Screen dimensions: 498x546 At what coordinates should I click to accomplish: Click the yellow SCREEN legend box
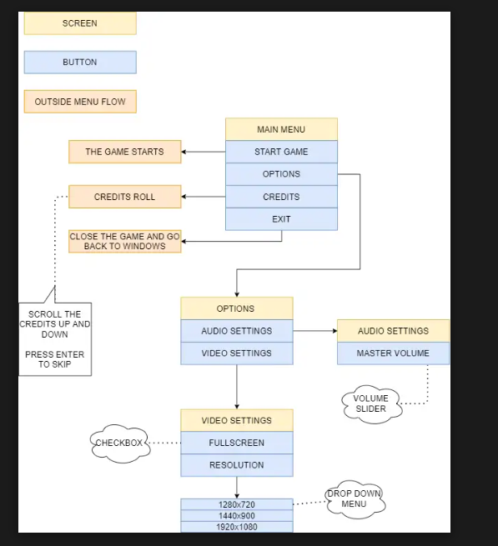pyautogui.click(x=80, y=23)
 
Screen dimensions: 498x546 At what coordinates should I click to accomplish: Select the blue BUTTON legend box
pyautogui.click(x=80, y=63)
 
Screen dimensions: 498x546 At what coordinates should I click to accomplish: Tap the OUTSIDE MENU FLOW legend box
pyautogui.click(x=80, y=102)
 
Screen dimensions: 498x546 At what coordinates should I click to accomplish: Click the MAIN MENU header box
pyautogui.click(x=281, y=129)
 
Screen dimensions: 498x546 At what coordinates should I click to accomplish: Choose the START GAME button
pyautogui.click(x=281, y=152)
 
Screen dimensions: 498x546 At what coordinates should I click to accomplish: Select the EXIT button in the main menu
pyautogui.click(x=281, y=219)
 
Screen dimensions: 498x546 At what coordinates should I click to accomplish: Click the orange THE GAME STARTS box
pyautogui.click(x=125, y=152)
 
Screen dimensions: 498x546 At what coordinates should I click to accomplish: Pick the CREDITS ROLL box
pyautogui.click(x=125, y=197)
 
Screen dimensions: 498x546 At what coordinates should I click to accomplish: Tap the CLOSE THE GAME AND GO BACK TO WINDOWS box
pyautogui.click(x=125, y=241)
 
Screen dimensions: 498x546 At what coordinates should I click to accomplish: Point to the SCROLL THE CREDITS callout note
pyautogui.click(x=55, y=338)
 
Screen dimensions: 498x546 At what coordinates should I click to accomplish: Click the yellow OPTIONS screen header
pyautogui.click(x=237, y=308)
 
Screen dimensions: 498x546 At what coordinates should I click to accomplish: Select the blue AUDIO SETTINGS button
pyautogui.click(x=237, y=331)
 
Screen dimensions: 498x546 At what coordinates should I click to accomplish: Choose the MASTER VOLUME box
pyautogui.click(x=393, y=353)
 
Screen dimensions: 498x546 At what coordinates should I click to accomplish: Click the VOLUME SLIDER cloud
pyautogui.click(x=371, y=404)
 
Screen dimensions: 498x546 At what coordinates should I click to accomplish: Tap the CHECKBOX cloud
pyautogui.click(x=120, y=443)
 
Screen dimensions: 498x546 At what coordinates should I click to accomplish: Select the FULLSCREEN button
pyautogui.click(x=237, y=443)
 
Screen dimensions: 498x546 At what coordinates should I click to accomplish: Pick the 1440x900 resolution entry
pyautogui.click(x=237, y=516)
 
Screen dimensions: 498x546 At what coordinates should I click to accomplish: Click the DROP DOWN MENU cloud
pyautogui.click(x=355, y=499)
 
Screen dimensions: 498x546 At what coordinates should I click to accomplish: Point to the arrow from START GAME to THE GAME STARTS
pyautogui.click(x=204, y=152)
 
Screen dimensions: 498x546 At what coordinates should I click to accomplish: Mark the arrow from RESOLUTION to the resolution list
pyautogui.click(x=237, y=488)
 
